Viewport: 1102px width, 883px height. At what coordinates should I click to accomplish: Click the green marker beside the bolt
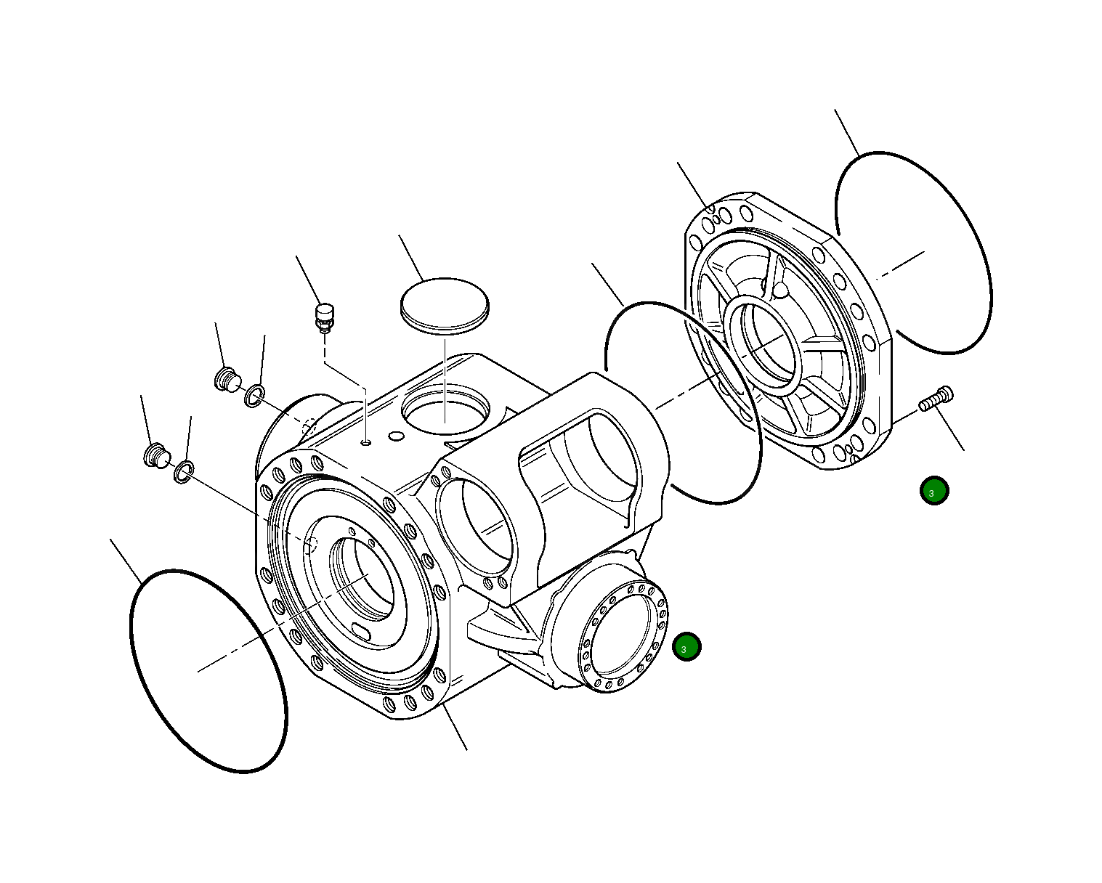(x=933, y=491)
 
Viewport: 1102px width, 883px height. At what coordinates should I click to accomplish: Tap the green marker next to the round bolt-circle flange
(x=686, y=646)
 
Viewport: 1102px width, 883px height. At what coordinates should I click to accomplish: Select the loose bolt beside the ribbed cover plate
(x=936, y=399)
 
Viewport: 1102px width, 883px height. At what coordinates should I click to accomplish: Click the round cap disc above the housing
(x=445, y=305)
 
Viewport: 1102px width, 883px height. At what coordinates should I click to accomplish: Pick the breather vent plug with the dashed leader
(x=323, y=317)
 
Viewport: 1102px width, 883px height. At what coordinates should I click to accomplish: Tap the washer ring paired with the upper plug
(x=254, y=396)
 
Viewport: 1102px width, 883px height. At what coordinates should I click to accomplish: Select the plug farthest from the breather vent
(x=155, y=455)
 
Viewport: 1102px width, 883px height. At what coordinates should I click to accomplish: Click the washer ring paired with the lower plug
(x=184, y=473)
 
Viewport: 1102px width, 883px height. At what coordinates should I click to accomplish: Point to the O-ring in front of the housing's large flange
(x=208, y=670)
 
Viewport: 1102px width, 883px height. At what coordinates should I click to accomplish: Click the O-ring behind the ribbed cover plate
(x=913, y=253)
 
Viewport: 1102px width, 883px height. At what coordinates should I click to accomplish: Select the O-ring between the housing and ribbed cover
(x=683, y=402)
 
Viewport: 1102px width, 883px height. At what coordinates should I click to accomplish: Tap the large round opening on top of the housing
(x=445, y=410)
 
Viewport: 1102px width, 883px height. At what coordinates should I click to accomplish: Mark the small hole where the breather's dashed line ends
(x=366, y=441)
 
